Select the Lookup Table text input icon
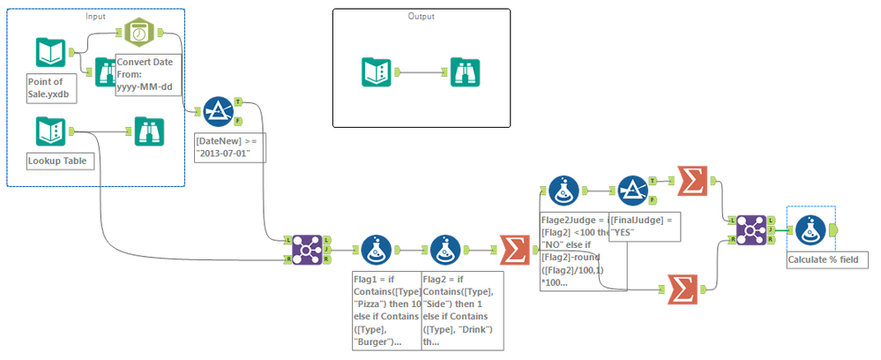(51, 131)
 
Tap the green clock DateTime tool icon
(138, 33)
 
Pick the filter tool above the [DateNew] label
(217, 111)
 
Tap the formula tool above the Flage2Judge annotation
(563, 189)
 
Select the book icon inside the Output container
(378, 71)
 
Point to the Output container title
(421, 17)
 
